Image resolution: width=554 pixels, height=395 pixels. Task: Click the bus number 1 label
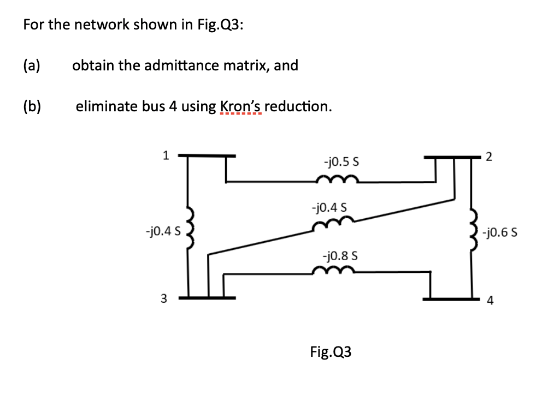[x=166, y=155]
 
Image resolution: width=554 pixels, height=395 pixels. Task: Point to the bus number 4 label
[x=490, y=301]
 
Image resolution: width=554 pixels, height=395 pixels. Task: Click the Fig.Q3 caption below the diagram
[x=331, y=352]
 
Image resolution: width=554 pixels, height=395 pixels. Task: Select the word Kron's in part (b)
[x=240, y=106]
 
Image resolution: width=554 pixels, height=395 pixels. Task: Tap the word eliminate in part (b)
[x=103, y=106]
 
